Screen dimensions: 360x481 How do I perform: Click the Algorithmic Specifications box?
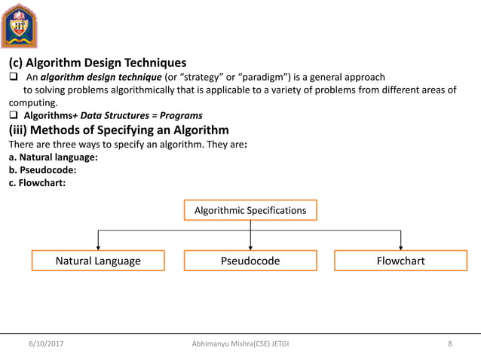point(250,210)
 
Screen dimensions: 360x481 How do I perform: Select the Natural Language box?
point(98,261)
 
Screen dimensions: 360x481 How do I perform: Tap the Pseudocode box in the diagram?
point(250,261)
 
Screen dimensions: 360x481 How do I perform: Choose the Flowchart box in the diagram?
point(400,261)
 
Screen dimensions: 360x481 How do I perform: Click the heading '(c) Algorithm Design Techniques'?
point(97,63)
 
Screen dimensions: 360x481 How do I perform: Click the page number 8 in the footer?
point(450,344)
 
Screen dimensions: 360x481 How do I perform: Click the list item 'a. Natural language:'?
point(52,157)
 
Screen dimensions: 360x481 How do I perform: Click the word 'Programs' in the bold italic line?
point(181,116)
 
